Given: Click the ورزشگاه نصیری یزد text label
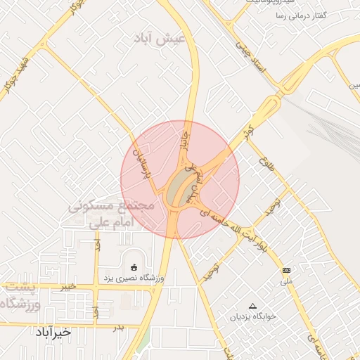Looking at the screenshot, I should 134,278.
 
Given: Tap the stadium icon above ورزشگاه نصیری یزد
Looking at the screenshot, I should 134,266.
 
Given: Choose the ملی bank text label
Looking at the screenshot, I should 285,282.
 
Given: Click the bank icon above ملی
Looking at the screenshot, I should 285,270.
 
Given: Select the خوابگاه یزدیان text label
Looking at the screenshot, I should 254,317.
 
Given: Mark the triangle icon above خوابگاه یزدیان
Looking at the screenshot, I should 253,305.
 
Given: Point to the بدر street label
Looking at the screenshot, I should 119,327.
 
